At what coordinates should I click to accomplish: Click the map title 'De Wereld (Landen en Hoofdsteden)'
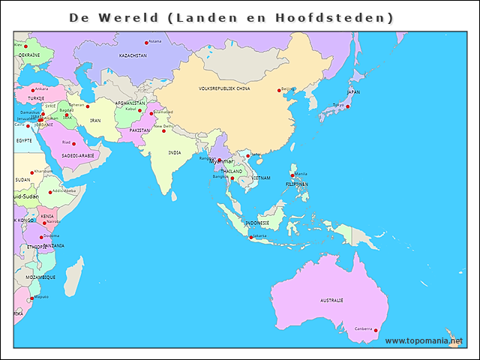[x=231, y=16]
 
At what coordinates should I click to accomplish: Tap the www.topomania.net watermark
[x=424, y=340]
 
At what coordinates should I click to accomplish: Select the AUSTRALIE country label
[x=331, y=300]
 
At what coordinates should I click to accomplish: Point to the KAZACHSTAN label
[x=133, y=55]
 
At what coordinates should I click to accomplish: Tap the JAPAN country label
[x=353, y=92]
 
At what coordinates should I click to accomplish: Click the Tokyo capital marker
[x=347, y=106]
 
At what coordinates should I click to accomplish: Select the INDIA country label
[x=175, y=152]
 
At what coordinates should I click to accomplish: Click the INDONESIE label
[x=257, y=223]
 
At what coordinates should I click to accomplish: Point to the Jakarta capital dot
[x=251, y=238]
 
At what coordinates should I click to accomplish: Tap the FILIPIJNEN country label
[x=297, y=184]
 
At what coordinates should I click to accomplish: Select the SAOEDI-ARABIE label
[x=78, y=155]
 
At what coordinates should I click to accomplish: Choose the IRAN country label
[x=95, y=120]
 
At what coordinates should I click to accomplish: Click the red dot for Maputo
[x=31, y=299]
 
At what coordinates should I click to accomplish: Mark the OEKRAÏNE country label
[x=29, y=55]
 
